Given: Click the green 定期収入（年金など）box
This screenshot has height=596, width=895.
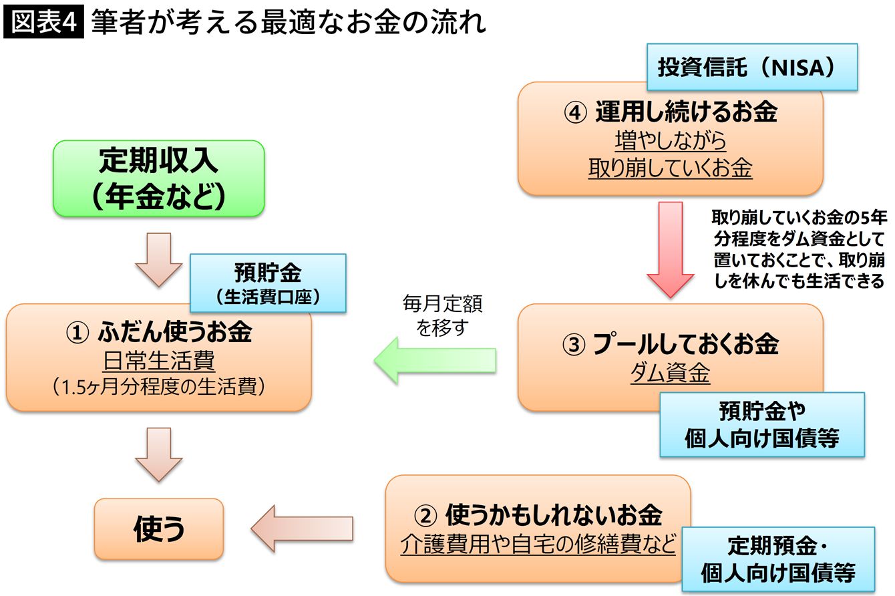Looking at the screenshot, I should click(159, 178).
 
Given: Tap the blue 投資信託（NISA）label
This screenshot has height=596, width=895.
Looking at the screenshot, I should click(751, 67).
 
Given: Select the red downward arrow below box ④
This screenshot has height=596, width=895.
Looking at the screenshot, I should click(671, 247).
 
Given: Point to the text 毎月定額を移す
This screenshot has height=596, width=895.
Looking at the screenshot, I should click(442, 315).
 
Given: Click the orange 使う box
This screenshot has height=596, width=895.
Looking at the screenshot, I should click(159, 529).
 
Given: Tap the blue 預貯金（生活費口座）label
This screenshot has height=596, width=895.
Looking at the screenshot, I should click(268, 283).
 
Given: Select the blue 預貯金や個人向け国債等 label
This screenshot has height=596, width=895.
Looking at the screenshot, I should click(761, 424).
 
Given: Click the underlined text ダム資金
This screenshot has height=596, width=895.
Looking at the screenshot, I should click(670, 374).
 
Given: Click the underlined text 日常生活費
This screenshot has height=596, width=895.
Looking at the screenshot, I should click(159, 361).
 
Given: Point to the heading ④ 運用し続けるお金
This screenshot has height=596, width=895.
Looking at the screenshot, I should click(671, 112).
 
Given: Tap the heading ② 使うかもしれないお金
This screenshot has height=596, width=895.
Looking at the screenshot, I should click(538, 514).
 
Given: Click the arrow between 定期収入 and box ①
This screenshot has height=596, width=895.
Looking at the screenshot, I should click(159, 259).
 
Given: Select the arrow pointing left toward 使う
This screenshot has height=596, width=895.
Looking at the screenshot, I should click(301, 528).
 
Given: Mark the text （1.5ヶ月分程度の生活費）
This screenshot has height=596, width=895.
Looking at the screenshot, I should click(159, 388).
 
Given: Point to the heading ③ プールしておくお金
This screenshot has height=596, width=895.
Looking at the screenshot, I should click(670, 344).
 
